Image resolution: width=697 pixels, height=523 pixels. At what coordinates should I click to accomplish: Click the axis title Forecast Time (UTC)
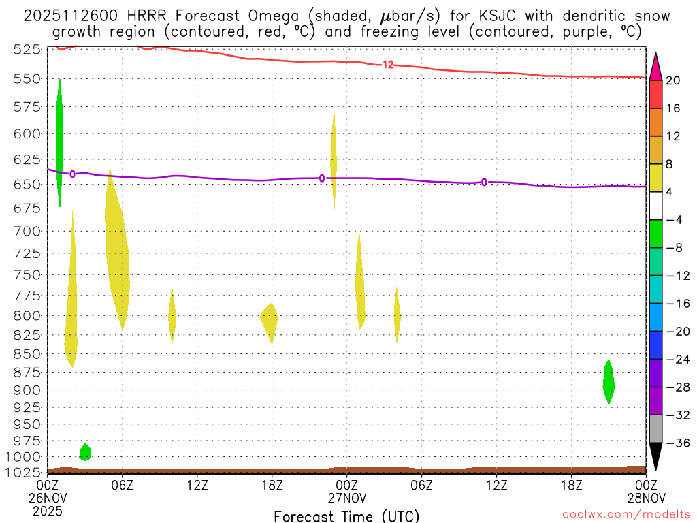click(x=346, y=516)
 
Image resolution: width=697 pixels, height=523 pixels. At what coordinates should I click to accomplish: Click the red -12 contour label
click(x=387, y=65)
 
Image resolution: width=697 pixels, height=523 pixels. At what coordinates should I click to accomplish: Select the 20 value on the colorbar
click(x=672, y=80)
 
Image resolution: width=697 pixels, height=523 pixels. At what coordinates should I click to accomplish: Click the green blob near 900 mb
click(x=609, y=383)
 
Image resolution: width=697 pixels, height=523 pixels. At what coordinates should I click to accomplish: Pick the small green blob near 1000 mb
click(x=85, y=452)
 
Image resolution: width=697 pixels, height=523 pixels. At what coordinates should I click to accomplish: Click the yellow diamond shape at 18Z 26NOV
click(x=270, y=320)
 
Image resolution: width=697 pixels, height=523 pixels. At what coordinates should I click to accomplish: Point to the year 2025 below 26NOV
click(x=48, y=509)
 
